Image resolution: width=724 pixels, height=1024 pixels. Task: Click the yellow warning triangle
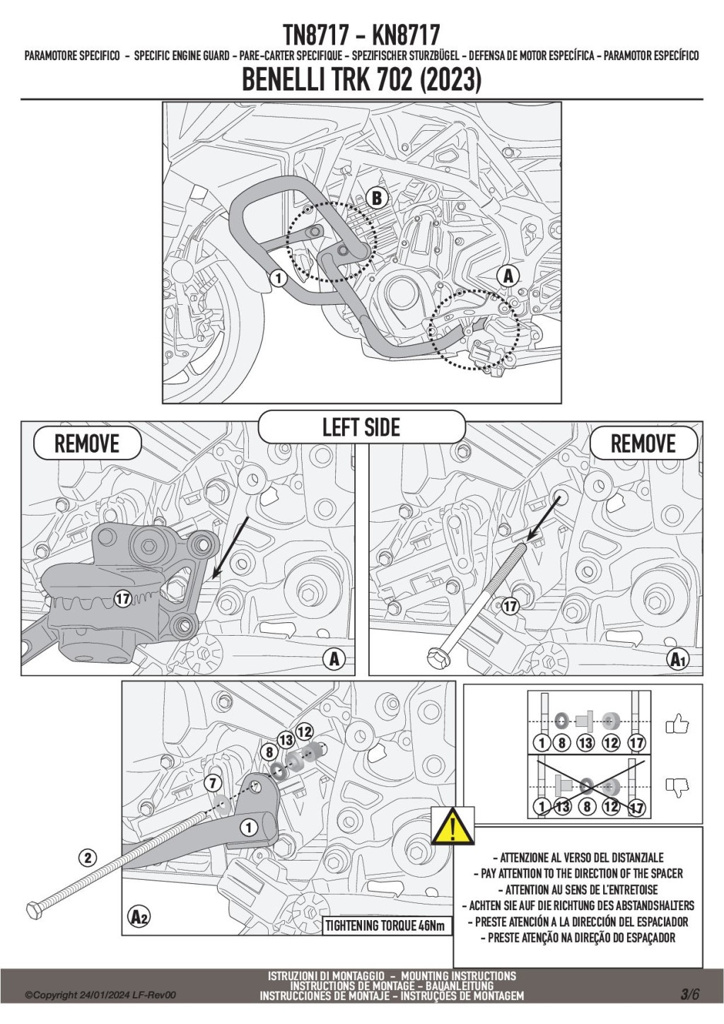[x=452, y=825]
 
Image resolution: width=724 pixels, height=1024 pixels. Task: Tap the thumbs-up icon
[x=677, y=724]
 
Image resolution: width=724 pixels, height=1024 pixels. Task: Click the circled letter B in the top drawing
[x=377, y=199]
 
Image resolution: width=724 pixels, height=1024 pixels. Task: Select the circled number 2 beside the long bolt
[x=88, y=859]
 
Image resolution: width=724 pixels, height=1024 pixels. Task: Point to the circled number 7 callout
[x=213, y=783]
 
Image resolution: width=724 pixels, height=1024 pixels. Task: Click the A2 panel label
[x=140, y=917]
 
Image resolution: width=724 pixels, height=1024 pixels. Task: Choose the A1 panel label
[x=678, y=660]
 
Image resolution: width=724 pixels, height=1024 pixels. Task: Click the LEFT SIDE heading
[x=361, y=427]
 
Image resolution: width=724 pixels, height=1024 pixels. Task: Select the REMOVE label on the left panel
[x=87, y=444]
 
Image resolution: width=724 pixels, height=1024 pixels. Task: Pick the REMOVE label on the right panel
[x=643, y=444]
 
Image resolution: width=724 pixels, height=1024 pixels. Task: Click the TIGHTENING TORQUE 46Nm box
[x=386, y=926]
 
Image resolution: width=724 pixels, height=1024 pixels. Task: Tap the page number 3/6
[x=690, y=994]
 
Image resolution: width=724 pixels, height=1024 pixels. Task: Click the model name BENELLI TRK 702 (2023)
[x=361, y=80]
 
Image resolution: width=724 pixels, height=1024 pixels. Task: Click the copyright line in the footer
[x=100, y=995]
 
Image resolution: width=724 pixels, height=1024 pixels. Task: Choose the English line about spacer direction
[x=582, y=873]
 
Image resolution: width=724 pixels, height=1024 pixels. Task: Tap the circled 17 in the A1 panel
[x=510, y=606]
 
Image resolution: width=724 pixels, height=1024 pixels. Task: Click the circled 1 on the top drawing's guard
[x=279, y=278]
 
